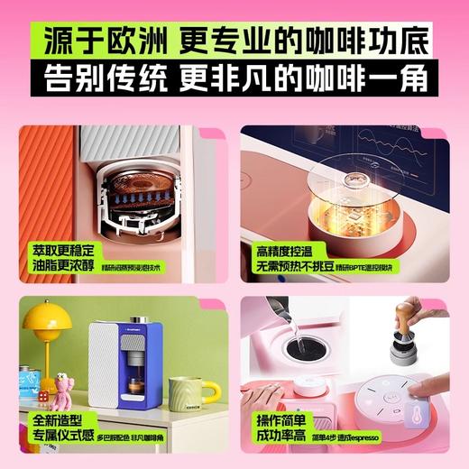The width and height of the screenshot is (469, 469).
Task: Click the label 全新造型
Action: [60, 421]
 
